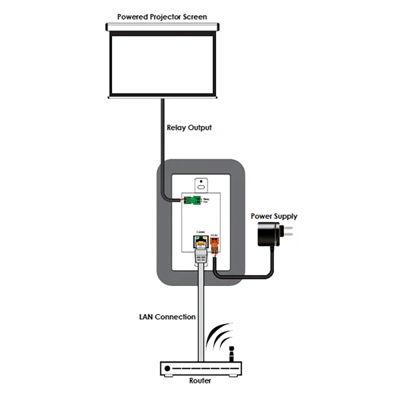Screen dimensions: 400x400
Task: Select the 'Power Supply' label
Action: point(273,216)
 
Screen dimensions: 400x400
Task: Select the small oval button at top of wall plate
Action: point(200,181)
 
